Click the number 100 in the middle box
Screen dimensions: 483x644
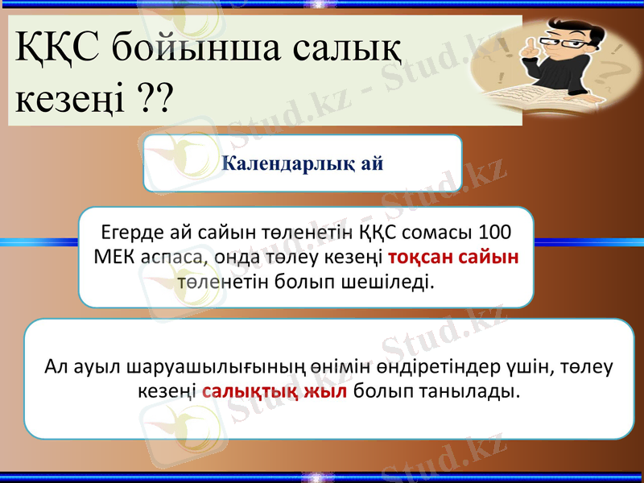[x=493, y=233]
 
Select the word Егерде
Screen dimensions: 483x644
[x=128, y=233]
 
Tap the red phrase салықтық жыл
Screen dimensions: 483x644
[x=275, y=391]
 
